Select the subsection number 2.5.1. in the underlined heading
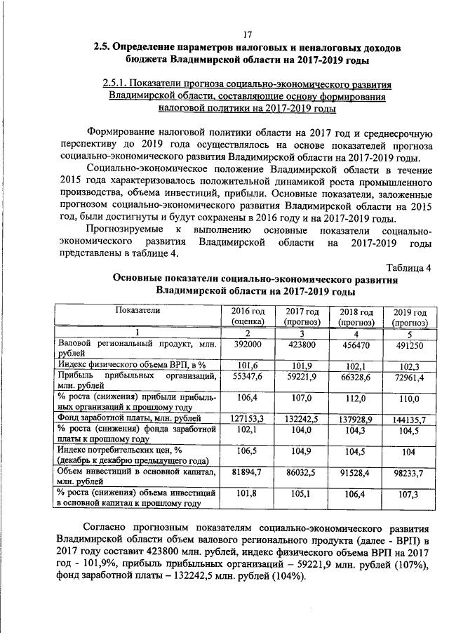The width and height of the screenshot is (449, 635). pyautogui.click(x=115, y=85)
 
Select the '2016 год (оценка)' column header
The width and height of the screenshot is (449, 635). pyautogui.click(x=248, y=316)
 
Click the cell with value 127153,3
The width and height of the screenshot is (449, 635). pyautogui.click(x=248, y=419)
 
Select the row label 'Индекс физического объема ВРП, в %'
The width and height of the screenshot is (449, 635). pyautogui.click(x=131, y=364)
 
